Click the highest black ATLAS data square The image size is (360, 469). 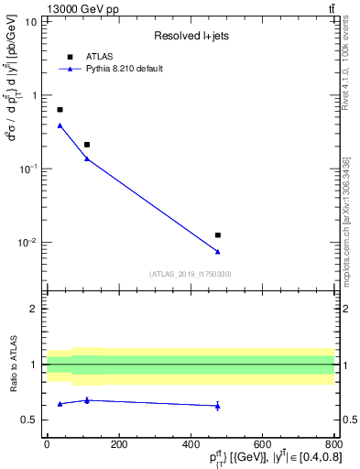(x=60, y=110)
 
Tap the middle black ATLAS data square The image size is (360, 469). (x=87, y=145)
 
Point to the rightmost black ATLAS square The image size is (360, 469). (x=217, y=235)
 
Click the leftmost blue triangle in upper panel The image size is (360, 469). (x=60, y=125)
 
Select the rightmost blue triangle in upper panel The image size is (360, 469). (x=217, y=252)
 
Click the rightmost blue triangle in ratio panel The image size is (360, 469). (x=217, y=406)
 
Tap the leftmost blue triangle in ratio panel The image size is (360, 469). (x=60, y=404)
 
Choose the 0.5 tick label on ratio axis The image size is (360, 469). (x=29, y=420)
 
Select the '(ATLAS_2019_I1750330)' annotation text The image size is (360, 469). (x=191, y=273)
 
